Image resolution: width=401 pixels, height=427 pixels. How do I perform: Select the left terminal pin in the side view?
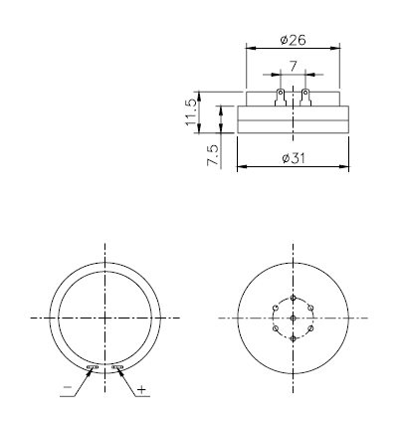pos(281,98)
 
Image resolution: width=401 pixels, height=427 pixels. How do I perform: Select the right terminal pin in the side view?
pos(305,98)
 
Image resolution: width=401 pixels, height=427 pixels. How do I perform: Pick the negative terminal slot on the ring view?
pos(93,368)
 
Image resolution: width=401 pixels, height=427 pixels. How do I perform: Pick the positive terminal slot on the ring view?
pos(117,368)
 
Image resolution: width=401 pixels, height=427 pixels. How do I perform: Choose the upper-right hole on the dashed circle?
pos(312,307)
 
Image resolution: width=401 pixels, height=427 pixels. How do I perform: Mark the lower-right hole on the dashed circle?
pos(312,327)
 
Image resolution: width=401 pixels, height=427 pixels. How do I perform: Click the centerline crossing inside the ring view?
pos(104,317)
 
